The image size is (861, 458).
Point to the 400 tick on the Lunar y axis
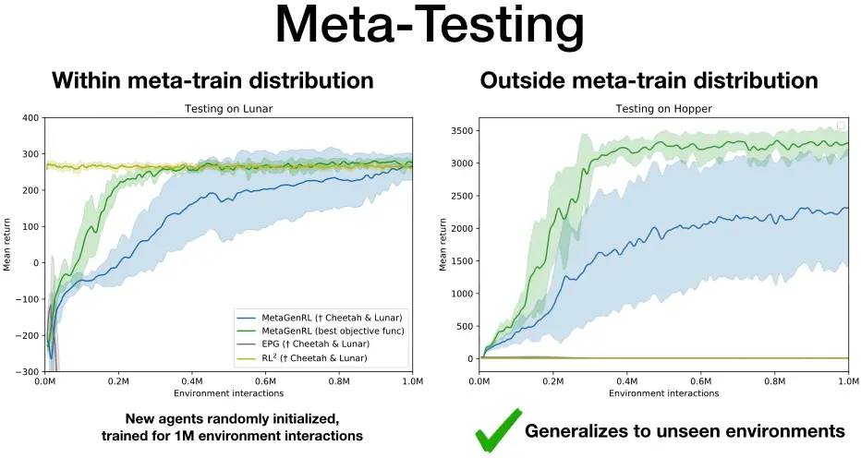point(30,118)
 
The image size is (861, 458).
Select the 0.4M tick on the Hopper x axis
point(626,381)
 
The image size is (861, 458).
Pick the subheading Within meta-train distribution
point(212,80)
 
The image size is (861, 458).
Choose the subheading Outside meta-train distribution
point(649,80)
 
